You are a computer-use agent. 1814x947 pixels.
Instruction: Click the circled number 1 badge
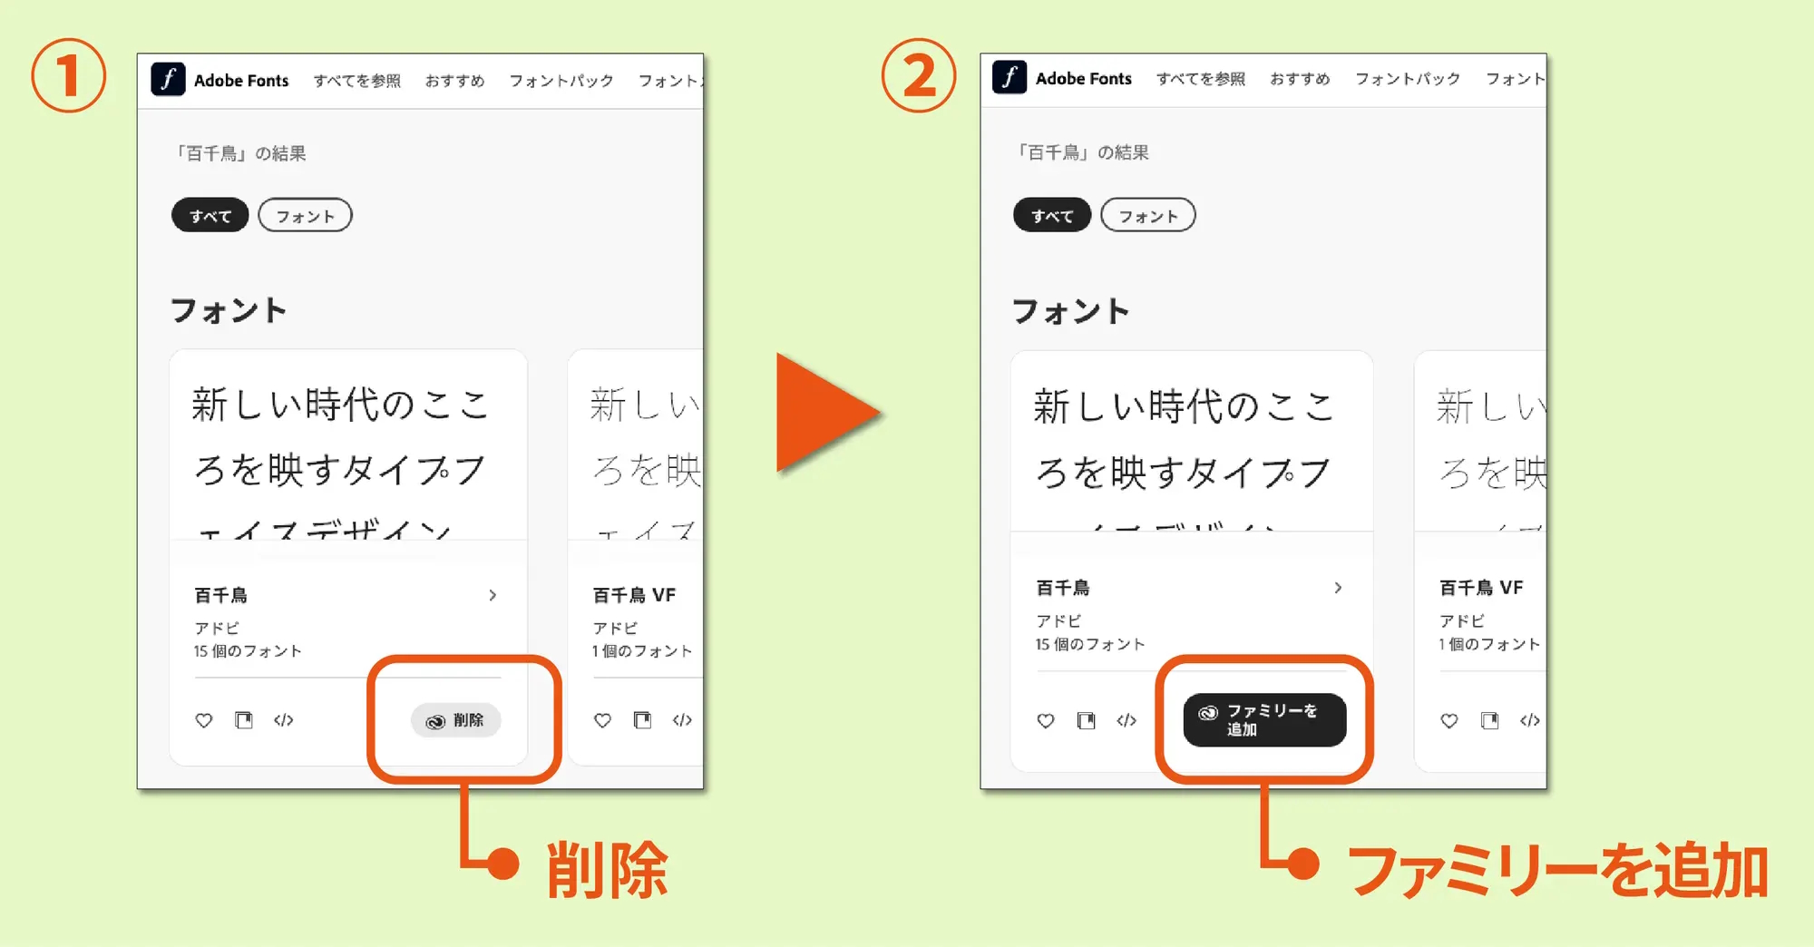[x=68, y=75]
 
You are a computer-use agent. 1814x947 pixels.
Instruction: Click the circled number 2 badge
[x=919, y=75]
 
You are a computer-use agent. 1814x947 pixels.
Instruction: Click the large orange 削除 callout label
[x=607, y=870]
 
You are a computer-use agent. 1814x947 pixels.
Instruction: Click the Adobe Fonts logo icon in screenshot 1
[x=168, y=80]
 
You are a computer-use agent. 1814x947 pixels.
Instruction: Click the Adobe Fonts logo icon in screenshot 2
[x=1009, y=78]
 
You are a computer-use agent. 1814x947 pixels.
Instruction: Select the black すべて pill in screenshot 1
[x=210, y=216]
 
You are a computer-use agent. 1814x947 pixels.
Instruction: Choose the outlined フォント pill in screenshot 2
[x=1147, y=216]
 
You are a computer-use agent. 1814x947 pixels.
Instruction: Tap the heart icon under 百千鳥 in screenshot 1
[x=204, y=720]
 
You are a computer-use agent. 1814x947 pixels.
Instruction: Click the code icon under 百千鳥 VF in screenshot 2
[x=1529, y=720]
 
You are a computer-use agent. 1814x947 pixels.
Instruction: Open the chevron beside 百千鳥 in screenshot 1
[x=493, y=595]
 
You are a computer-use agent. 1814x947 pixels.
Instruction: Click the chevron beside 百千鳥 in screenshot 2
[x=1338, y=588]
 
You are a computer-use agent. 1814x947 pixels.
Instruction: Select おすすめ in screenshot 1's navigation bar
[x=454, y=81]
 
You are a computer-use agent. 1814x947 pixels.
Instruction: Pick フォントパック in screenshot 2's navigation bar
[x=1407, y=79]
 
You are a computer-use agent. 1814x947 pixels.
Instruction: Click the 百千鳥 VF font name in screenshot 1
[x=634, y=595]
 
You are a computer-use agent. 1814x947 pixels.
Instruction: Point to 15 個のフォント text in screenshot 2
[x=1090, y=644]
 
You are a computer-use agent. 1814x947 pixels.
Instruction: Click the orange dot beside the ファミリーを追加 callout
[x=1303, y=864]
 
